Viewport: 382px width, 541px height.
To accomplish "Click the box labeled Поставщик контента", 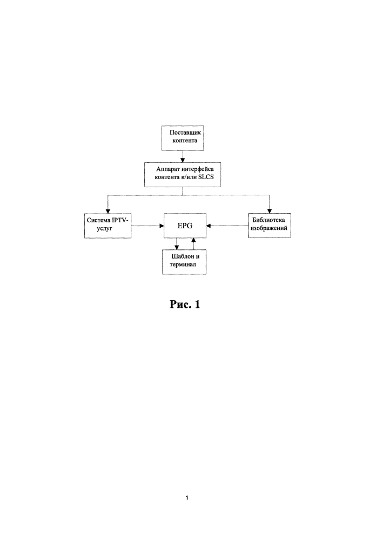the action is click(183, 138).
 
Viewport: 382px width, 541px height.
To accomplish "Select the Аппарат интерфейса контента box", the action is click(183, 175).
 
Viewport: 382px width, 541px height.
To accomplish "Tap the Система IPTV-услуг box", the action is click(108, 226).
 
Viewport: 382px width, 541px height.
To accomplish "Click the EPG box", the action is click(185, 226).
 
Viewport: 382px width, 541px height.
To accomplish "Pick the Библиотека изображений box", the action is click(270, 225).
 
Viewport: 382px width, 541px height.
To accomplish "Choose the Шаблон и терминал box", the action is click(184, 262).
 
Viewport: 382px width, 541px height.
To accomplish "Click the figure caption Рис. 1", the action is click(185, 304).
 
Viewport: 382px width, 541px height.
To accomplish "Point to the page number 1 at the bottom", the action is click(187, 498).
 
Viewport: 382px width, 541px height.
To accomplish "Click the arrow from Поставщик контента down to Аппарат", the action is click(183, 156).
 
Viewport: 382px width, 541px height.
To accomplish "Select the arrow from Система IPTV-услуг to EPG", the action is click(148, 226).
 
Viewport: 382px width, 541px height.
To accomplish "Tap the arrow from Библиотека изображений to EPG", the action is click(227, 226).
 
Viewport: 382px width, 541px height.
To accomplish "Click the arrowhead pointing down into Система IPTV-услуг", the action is click(108, 211).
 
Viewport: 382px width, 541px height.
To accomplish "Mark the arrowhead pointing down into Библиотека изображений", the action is click(270, 211).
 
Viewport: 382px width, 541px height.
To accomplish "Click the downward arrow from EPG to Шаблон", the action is click(177, 243).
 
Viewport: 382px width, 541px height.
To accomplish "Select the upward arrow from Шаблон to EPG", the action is click(193, 243).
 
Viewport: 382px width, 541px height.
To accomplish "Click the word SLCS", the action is click(206, 177).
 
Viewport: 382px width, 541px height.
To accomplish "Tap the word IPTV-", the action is click(119, 220).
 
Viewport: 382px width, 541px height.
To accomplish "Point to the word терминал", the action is click(183, 265).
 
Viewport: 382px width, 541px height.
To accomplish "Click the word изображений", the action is click(269, 228).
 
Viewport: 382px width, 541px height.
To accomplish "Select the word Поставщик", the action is click(185, 132).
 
